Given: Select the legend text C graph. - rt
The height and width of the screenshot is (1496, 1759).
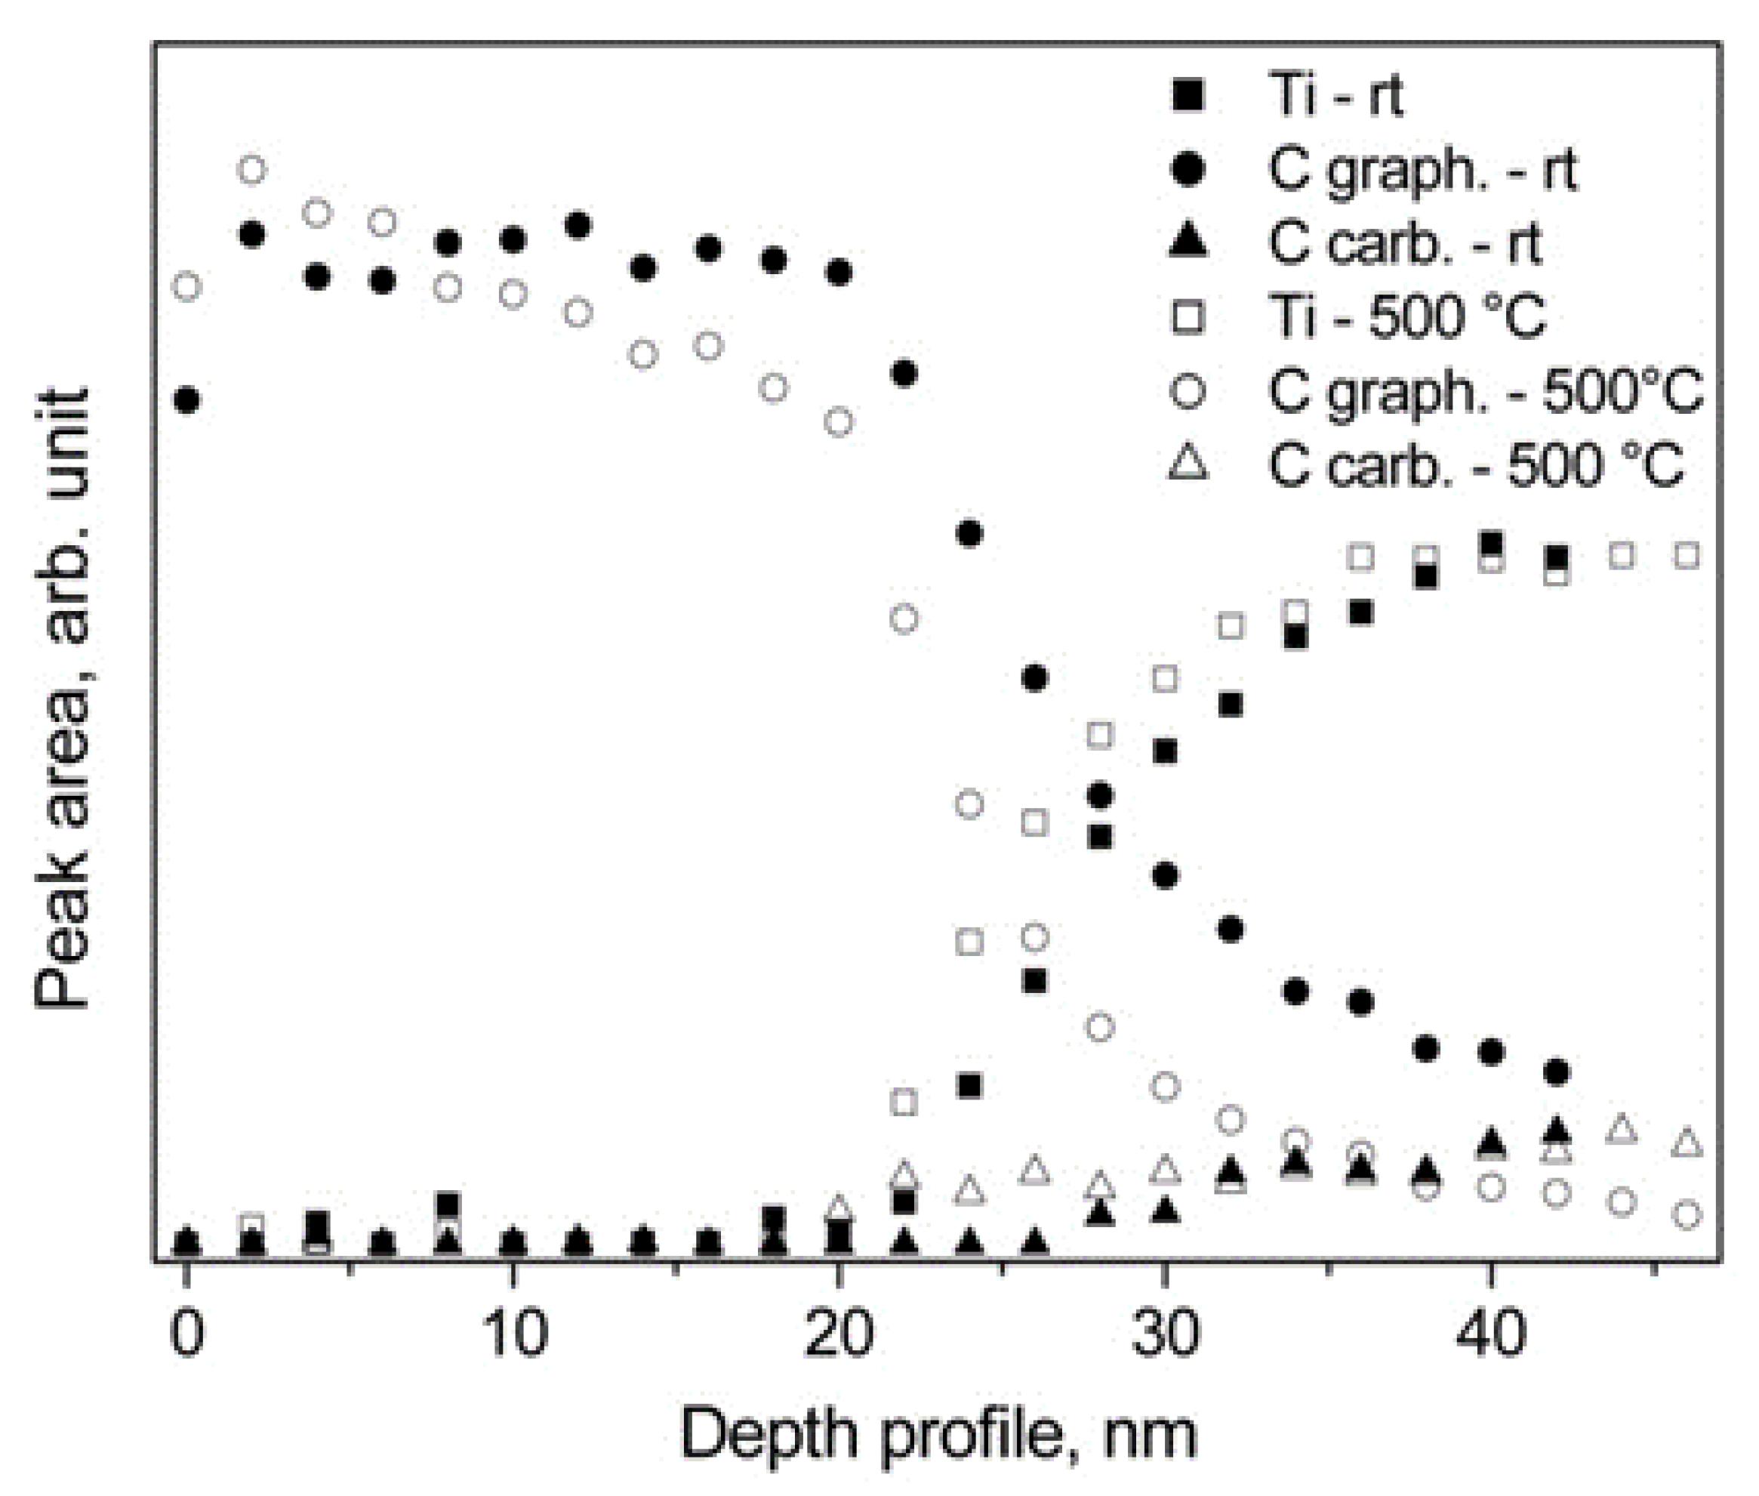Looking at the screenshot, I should point(1422,170).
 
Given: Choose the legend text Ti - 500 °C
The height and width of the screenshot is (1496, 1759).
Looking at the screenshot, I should point(1407,317).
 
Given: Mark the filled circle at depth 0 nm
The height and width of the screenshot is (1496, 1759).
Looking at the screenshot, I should point(186,399).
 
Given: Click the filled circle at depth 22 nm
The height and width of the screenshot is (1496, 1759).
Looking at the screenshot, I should point(904,373).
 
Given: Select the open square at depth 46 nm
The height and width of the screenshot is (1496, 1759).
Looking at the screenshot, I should point(1687,556).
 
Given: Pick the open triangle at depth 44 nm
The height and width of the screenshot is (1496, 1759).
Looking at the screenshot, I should point(1622,1130).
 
